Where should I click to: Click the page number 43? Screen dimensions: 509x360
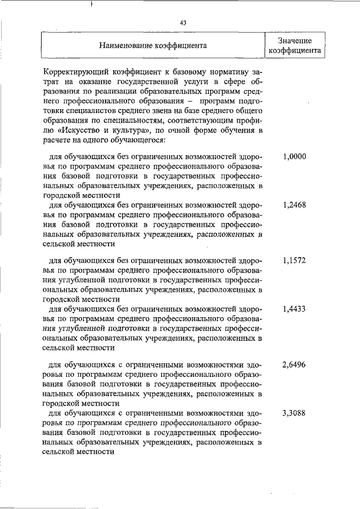[x=183, y=22]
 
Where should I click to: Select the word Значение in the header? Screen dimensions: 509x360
[x=295, y=40]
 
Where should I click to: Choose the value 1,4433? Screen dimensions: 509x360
[x=294, y=309]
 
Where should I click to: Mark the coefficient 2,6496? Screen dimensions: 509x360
[x=294, y=365]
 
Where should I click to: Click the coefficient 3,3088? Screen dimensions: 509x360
[x=294, y=413]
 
